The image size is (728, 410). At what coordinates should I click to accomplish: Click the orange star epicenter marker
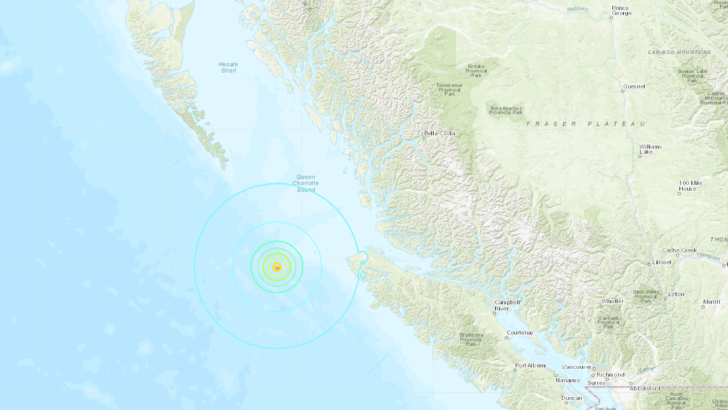(277, 267)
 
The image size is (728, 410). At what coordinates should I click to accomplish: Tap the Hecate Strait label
(228, 67)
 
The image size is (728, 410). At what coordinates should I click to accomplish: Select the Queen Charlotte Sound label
(305, 183)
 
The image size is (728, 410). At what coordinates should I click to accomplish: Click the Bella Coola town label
(440, 133)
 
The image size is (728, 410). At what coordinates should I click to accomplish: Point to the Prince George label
(621, 10)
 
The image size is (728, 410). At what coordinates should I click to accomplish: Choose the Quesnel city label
(633, 86)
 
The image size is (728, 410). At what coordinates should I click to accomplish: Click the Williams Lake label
(650, 150)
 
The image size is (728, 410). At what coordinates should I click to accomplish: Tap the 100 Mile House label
(688, 186)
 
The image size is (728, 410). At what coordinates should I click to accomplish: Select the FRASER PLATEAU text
(585, 123)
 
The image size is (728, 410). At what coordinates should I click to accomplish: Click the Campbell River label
(507, 305)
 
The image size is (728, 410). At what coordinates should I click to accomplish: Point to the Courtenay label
(520, 332)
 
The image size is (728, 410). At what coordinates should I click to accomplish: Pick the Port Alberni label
(530, 366)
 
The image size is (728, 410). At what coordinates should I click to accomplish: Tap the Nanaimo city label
(568, 380)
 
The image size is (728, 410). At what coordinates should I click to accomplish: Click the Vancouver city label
(576, 366)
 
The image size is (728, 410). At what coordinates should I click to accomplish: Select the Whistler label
(612, 301)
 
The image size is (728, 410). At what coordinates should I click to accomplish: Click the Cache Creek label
(679, 250)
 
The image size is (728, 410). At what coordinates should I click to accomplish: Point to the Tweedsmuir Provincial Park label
(450, 89)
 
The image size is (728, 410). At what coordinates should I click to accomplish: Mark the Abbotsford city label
(645, 388)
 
